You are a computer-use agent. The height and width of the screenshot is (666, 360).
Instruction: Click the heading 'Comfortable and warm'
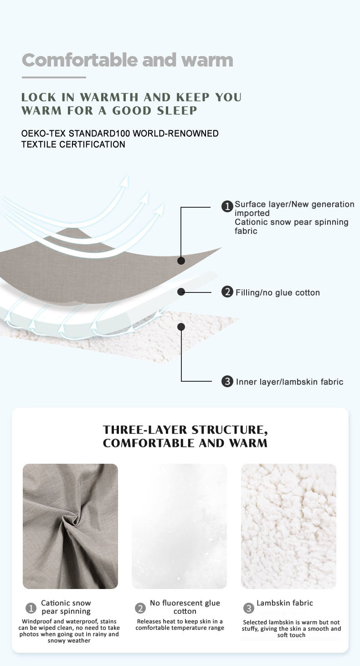pyautogui.click(x=127, y=60)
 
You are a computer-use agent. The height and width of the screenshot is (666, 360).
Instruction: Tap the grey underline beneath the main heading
pyautogui.click(x=54, y=77)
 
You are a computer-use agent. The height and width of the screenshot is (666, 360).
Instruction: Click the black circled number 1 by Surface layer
pyautogui.click(x=227, y=206)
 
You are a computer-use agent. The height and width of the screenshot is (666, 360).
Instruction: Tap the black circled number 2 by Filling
pyautogui.click(x=227, y=292)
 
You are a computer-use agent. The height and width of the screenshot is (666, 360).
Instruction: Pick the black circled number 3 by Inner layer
pyautogui.click(x=227, y=381)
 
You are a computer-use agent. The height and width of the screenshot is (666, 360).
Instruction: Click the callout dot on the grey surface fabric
pyautogui.click(x=181, y=261)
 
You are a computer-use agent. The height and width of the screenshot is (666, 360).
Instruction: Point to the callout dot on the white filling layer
pyautogui.click(x=181, y=292)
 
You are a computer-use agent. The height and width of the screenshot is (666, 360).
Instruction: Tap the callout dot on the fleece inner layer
pyautogui.click(x=181, y=327)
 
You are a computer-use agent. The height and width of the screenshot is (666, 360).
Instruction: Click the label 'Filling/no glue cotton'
pyautogui.click(x=278, y=292)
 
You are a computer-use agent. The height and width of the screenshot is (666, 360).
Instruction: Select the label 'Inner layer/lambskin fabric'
pyautogui.click(x=289, y=382)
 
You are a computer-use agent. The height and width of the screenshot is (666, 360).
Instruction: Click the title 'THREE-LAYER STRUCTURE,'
pyautogui.click(x=185, y=430)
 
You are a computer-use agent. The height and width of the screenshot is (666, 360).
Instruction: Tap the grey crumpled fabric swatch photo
pyautogui.click(x=70, y=526)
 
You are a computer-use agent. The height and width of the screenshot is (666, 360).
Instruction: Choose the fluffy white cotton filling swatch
pyautogui.click(x=180, y=526)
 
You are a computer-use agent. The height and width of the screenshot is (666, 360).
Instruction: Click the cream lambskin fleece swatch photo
pyautogui.click(x=288, y=526)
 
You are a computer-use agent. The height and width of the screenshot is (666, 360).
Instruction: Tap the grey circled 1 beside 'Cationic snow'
pyautogui.click(x=31, y=608)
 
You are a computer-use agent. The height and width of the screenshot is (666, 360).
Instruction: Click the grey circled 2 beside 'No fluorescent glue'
pyautogui.click(x=140, y=608)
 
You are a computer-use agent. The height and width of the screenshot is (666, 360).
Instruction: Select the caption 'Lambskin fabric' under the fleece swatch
pyautogui.click(x=285, y=603)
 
